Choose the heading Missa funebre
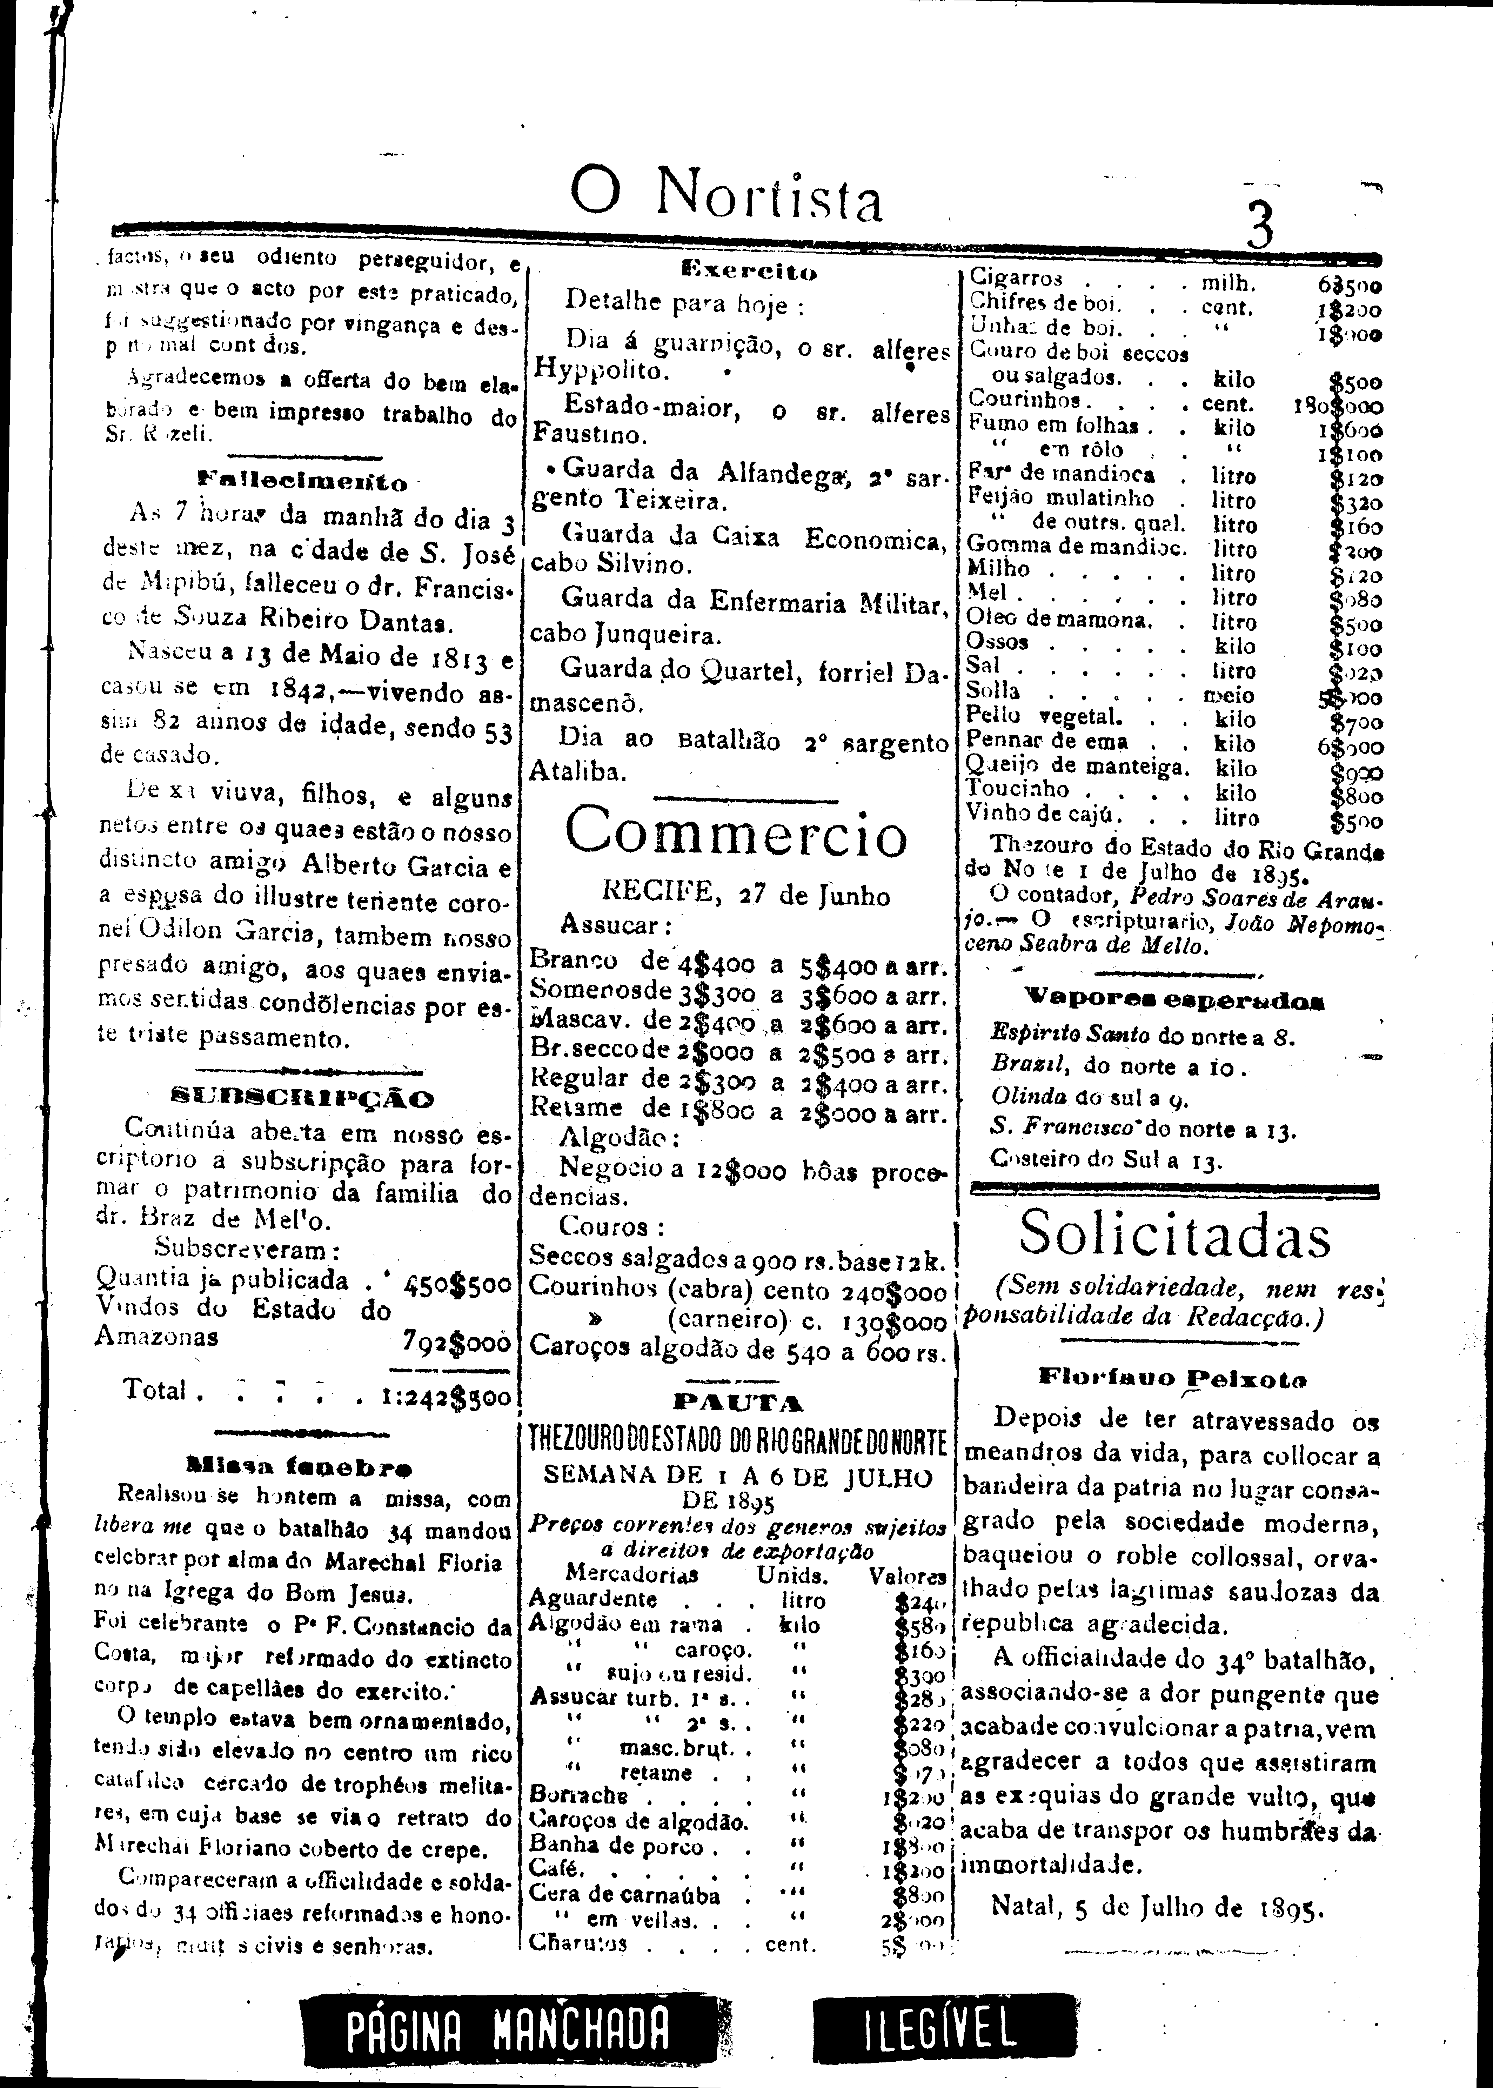299,1466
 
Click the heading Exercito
749,272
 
